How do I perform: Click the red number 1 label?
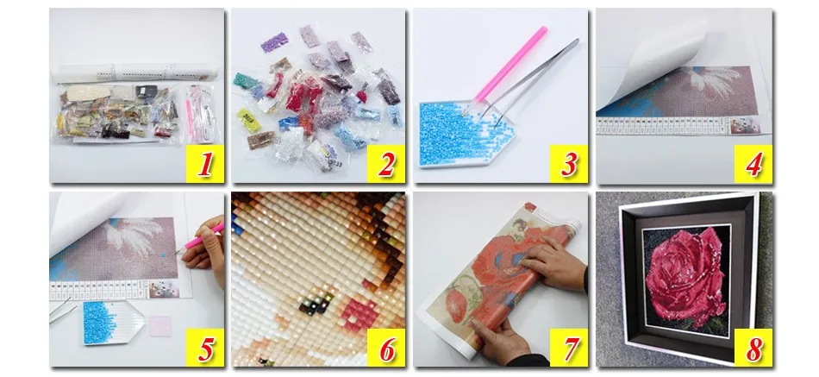pos(205,164)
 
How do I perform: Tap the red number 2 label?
pos(386,164)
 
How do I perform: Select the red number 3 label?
pos(568,164)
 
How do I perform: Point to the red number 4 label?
pos(753,164)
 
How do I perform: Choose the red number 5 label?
pos(205,348)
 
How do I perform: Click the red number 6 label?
pos(386,348)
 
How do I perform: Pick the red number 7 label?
pos(569,348)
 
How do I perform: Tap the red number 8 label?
pos(753,348)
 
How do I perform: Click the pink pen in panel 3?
pos(509,66)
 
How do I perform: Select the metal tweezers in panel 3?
pos(533,81)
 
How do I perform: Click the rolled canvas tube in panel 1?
pos(134,73)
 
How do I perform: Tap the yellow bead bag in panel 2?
pos(250,120)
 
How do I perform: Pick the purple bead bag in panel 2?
pos(275,42)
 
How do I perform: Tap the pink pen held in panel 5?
pos(203,239)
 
